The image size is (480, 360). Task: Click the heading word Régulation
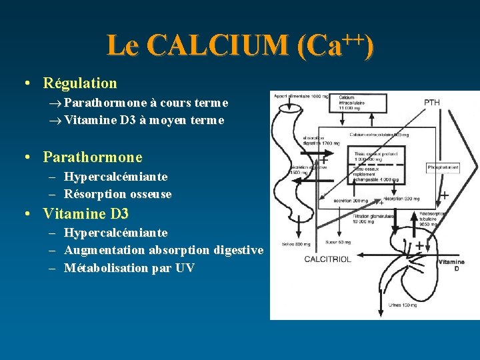point(80,83)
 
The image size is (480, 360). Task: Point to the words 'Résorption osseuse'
point(118,194)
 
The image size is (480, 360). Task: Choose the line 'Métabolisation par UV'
point(129,267)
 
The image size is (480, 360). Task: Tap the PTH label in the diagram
point(433,102)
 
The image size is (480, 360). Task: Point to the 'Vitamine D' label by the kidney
point(451,265)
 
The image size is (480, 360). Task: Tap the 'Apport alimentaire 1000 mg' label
point(299,97)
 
